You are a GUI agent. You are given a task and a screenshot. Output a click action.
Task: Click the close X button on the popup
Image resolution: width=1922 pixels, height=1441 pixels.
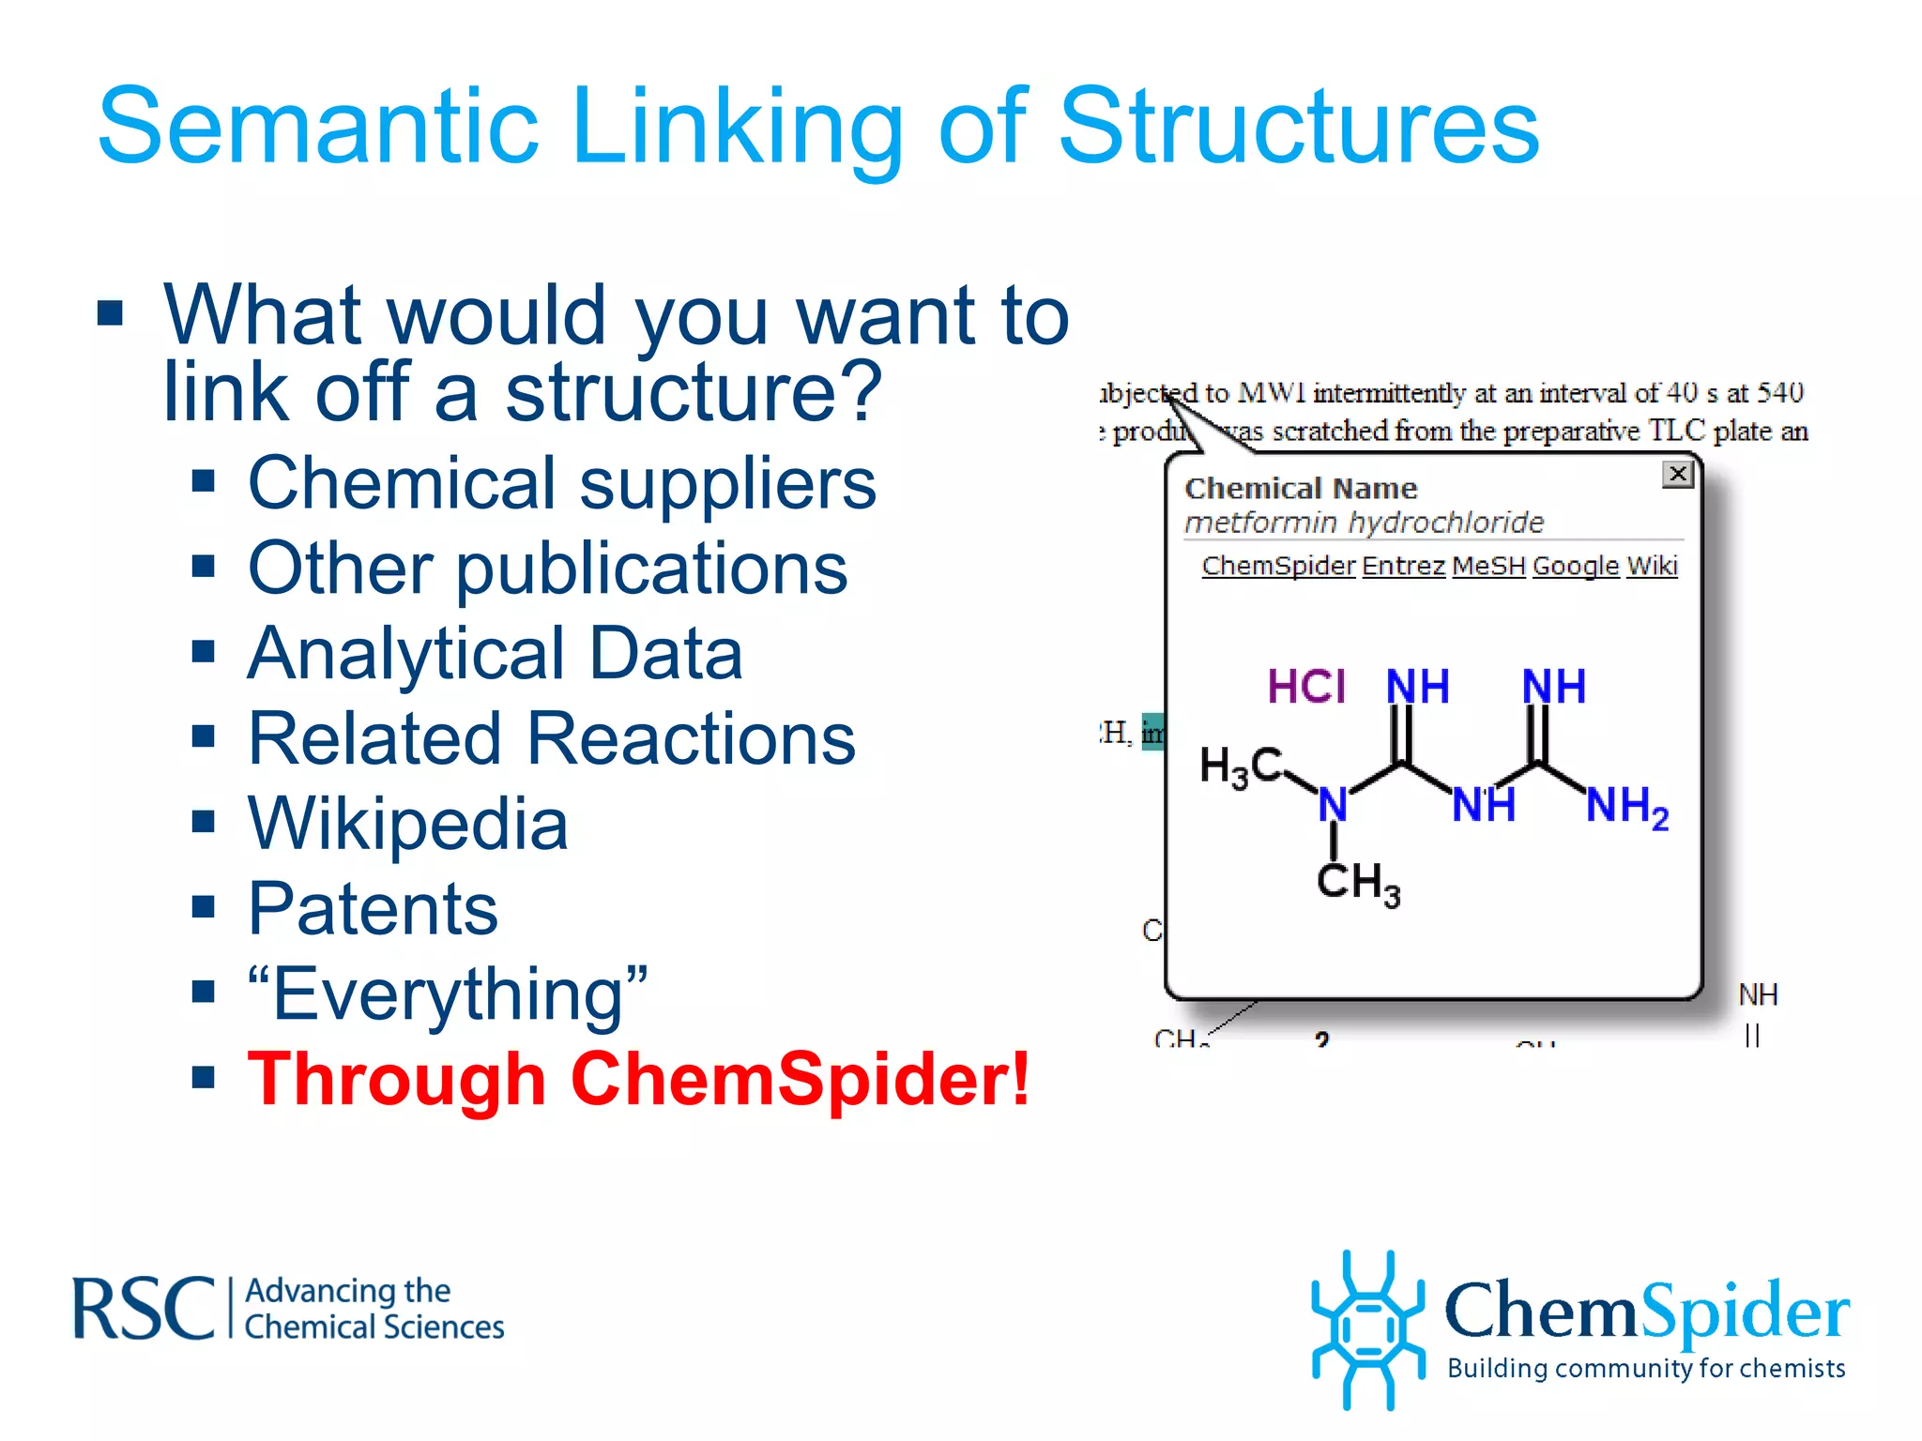point(1677,474)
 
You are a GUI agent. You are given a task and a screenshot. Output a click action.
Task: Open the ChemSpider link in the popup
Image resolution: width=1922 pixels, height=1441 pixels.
point(1278,566)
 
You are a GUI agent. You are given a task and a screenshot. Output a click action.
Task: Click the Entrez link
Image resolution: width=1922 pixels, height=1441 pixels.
point(1403,566)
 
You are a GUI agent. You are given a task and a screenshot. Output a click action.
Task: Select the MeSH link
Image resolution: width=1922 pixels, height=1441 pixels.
point(1488,566)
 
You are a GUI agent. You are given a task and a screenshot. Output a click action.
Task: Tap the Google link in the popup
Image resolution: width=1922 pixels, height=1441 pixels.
point(1576,566)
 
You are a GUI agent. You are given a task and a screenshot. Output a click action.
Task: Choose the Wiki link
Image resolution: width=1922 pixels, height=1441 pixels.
point(1652,566)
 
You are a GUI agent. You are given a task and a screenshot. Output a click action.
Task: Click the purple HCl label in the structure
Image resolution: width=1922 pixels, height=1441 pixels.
point(1306,687)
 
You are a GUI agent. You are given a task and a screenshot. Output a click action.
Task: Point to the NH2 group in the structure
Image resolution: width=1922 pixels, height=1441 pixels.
point(1626,806)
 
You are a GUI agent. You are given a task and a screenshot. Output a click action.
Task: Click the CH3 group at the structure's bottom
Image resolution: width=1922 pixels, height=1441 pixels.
point(1357,883)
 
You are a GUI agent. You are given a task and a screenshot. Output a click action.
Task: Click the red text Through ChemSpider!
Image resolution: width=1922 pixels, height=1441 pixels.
point(638,1079)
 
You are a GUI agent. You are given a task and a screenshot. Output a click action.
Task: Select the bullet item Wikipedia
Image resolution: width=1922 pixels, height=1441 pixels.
point(407,824)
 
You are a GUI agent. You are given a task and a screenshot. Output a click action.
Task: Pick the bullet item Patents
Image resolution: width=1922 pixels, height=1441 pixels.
point(373,909)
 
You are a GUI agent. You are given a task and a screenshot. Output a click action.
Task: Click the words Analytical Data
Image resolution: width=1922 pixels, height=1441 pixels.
point(495,654)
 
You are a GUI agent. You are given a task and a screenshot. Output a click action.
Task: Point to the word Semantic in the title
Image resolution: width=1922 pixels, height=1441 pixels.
point(318,126)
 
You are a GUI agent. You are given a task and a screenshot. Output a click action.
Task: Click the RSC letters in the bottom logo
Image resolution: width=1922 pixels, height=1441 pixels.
point(144,1309)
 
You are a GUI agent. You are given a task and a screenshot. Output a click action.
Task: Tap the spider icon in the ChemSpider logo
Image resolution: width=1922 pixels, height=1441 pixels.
point(1367,1329)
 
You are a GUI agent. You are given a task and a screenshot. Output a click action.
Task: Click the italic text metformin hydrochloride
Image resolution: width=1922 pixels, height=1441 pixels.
point(1364,522)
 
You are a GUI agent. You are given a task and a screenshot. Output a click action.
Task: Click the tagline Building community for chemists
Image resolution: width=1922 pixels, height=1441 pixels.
point(1646,1369)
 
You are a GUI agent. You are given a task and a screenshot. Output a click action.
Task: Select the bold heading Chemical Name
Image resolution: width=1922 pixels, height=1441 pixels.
point(1301,489)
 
